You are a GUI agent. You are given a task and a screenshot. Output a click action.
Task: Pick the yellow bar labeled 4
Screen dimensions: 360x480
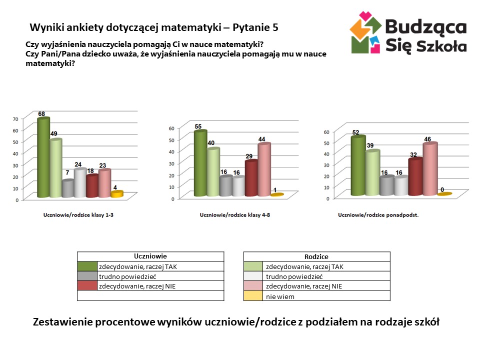point(116,194)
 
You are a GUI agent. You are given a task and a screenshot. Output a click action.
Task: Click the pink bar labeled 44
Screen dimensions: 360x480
point(264,170)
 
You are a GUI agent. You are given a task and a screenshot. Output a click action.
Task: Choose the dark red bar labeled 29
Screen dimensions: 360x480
point(251,178)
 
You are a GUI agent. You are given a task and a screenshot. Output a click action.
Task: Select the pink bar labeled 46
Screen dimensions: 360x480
point(429,169)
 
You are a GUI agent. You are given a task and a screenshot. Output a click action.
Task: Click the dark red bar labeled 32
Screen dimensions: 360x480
point(415,177)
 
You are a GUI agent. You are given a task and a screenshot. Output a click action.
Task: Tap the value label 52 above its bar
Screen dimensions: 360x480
point(355,132)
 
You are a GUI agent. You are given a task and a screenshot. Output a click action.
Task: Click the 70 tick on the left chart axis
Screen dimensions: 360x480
point(15,119)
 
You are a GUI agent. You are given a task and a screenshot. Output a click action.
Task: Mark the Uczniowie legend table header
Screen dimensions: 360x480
point(150,255)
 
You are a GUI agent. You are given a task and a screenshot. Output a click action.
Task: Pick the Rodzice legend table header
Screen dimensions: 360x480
point(316,256)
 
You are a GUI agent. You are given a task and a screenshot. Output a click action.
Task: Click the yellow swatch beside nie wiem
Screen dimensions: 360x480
point(253,296)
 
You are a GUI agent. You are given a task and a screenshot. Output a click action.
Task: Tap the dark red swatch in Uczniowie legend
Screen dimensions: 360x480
point(87,286)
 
